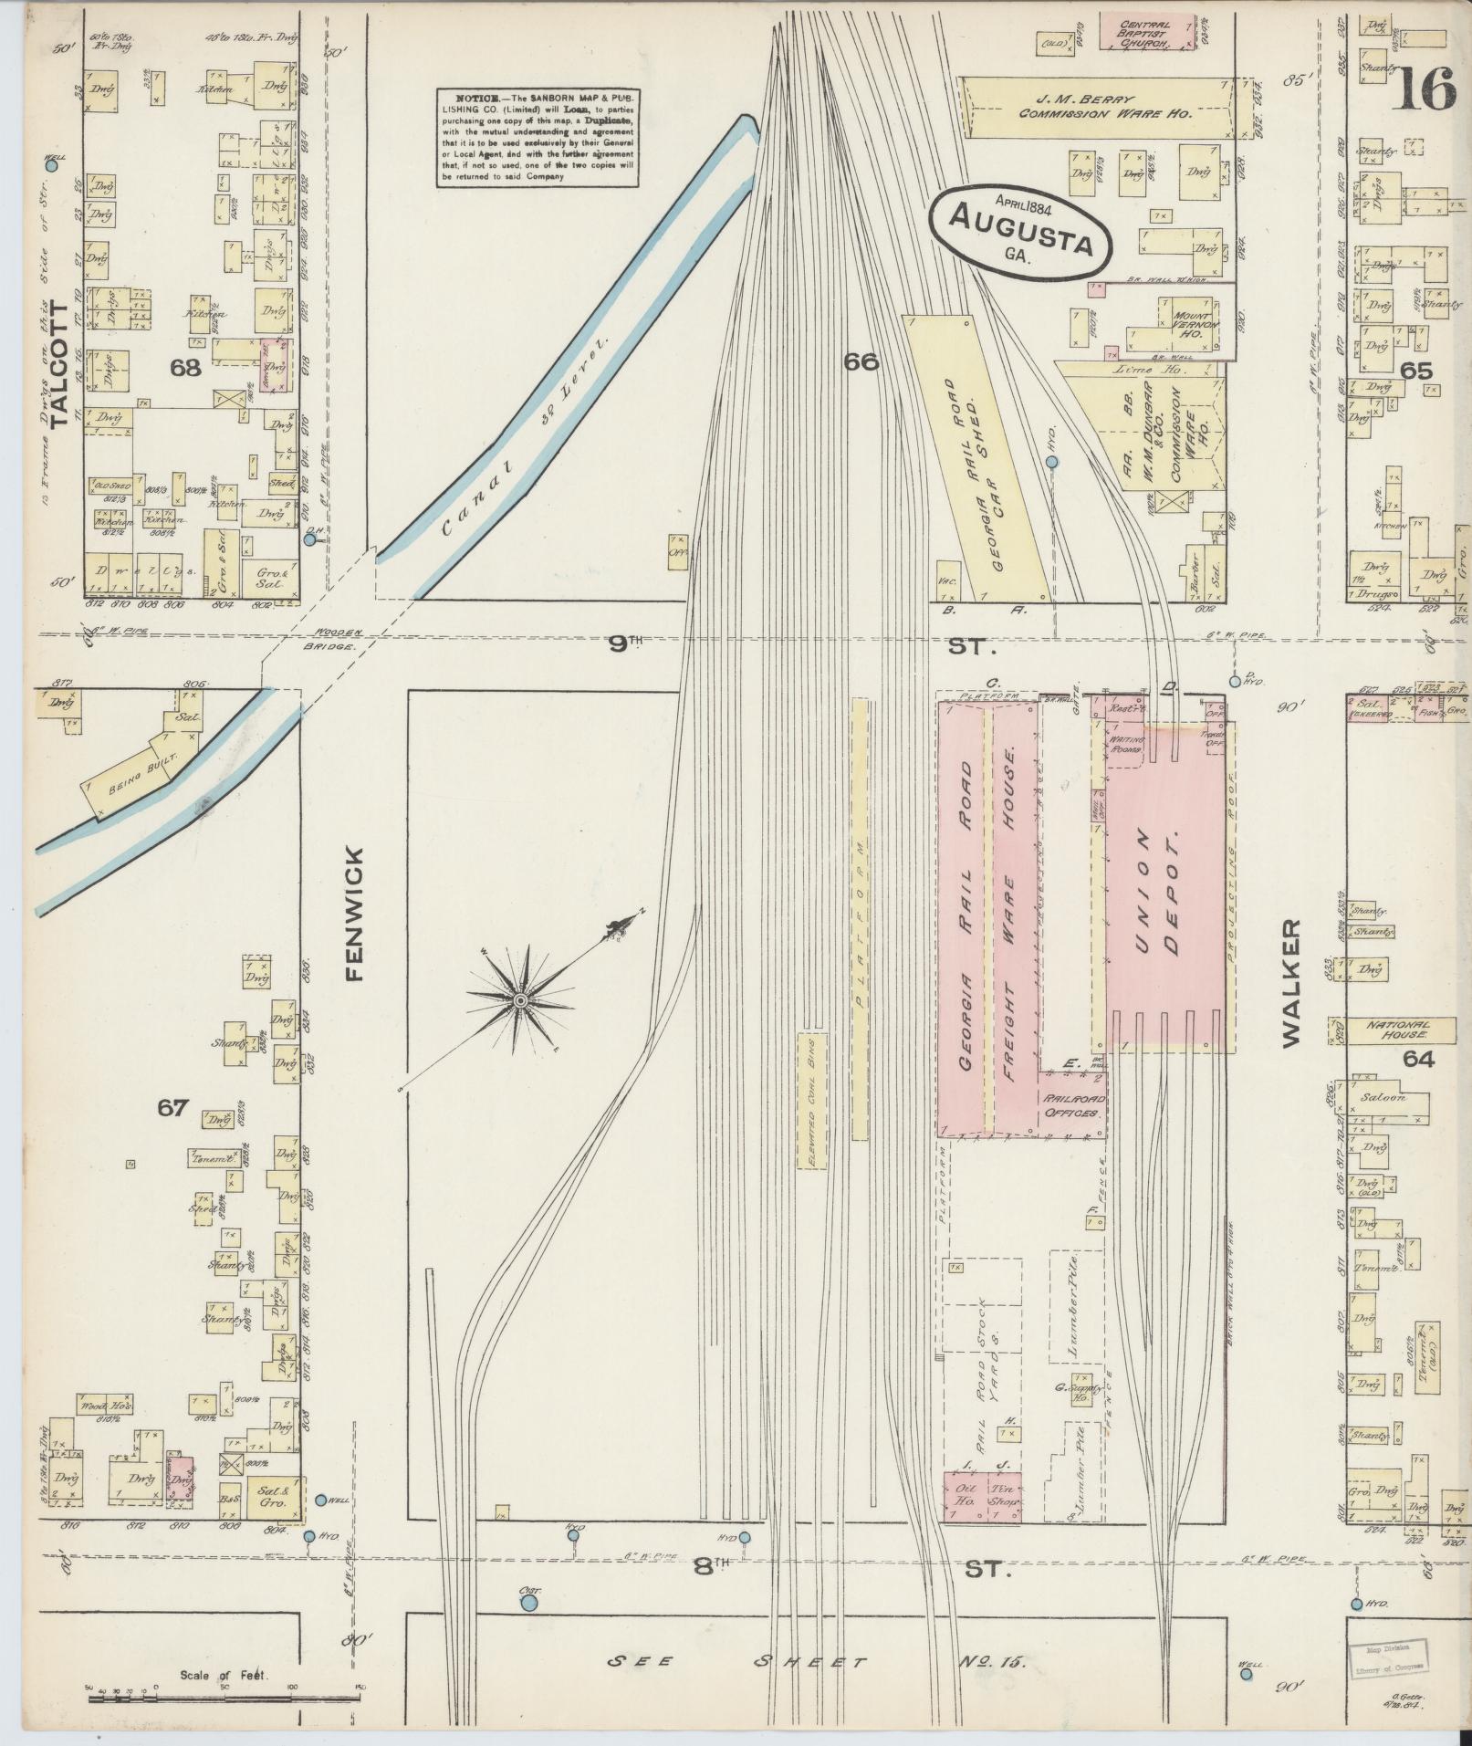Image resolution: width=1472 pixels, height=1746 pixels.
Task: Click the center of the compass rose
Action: click(x=519, y=1001)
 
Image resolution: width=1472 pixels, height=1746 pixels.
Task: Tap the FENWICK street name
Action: click(x=354, y=914)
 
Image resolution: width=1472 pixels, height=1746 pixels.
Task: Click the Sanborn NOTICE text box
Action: click(x=536, y=138)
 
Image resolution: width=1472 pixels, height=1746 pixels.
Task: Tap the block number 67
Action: click(x=172, y=1108)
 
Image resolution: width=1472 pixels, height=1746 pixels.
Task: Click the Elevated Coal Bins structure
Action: click(x=810, y=1100)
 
